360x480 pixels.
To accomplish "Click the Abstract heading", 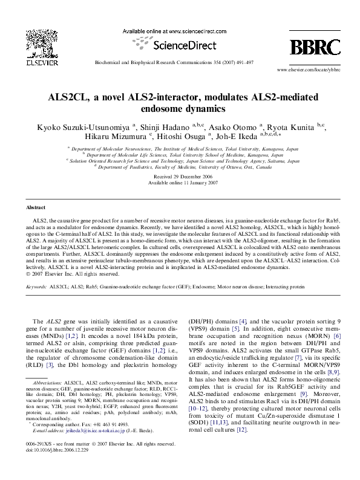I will point(36,207).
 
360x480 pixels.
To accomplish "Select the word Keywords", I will point(37,289).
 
